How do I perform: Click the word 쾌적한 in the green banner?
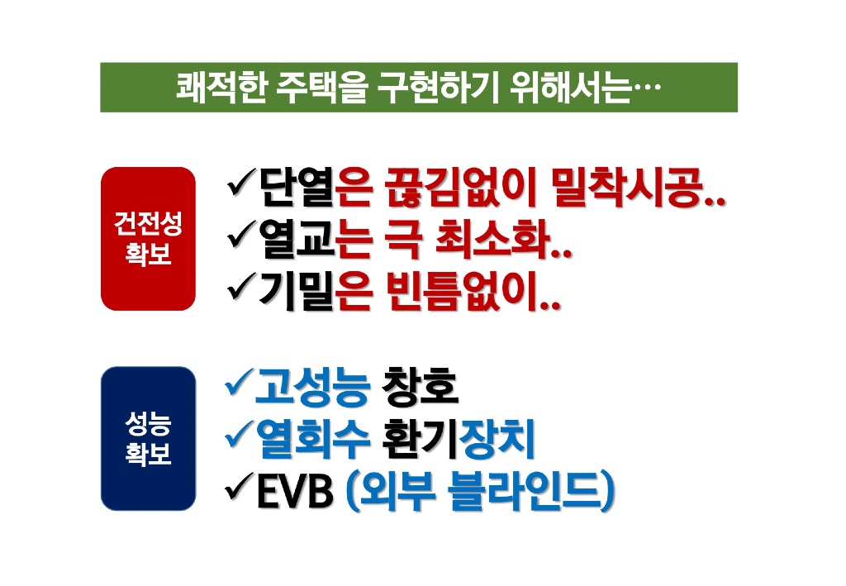pos(221,88)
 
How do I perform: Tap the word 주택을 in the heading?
pos(322,88)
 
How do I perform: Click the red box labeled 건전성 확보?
pos(148,239)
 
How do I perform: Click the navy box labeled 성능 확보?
pos(148,438)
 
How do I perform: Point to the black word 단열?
pos(297,188)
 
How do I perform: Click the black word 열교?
pos(297,239)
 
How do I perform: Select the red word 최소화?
pos(492,239)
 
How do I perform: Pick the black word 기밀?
pos(297,291)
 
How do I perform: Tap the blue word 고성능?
pos(311,386)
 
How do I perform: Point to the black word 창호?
pos(420,386)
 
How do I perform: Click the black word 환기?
pos(421,438)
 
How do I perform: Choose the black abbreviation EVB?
pos(295,490)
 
